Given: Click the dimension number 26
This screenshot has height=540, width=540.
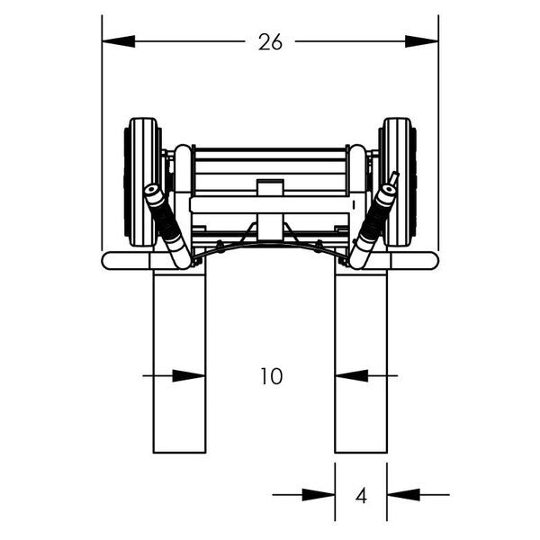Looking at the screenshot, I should [270, 41].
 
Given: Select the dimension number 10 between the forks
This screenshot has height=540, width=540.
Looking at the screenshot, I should [270, 376].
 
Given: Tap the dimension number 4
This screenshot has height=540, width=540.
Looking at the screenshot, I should [361, 494].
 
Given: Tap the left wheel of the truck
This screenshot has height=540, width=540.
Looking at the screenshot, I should [143, 182].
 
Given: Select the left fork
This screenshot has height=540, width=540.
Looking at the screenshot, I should [179, 360].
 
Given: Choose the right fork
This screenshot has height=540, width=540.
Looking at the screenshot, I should [361, 360].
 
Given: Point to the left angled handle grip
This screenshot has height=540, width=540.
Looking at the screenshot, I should [166, 225].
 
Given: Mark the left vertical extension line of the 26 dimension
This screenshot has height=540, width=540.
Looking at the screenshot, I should [102, 135].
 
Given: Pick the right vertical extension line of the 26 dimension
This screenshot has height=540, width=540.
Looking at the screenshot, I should [438, 135].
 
